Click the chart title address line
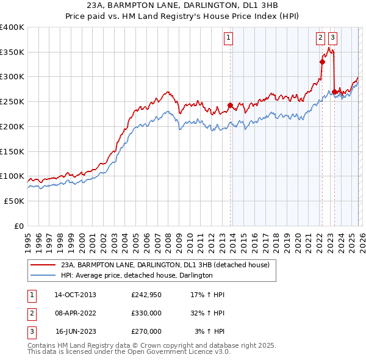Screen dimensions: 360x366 coord(183,5)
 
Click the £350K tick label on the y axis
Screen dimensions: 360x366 coord(12,52)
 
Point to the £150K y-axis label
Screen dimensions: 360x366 coord(12,151)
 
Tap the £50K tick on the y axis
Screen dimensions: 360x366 coord(15,201)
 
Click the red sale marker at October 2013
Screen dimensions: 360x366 coord(230,106)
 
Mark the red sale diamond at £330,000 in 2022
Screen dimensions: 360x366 coord(321,61)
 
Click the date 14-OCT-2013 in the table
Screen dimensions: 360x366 coord(75,295)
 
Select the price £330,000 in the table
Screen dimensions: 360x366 coord(146,313)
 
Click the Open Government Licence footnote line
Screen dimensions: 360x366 coord(129,352)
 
